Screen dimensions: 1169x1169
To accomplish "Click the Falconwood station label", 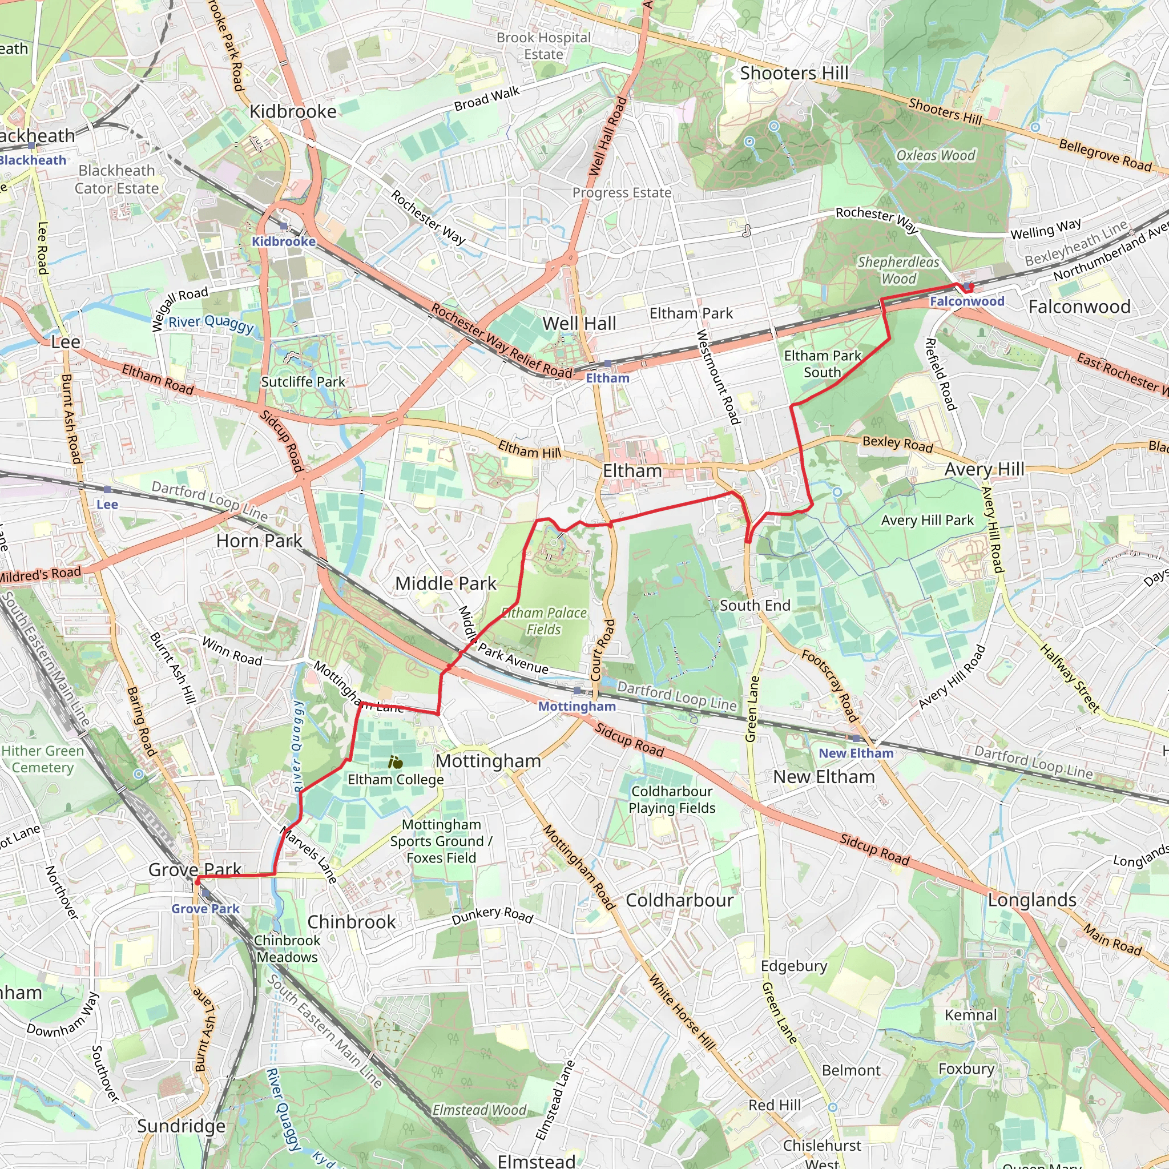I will (966, 301).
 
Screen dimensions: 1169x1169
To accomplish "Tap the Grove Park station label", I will (205, 909).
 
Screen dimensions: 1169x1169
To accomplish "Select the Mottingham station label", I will (577, 706).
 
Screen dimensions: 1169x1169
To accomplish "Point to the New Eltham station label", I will (856, 753).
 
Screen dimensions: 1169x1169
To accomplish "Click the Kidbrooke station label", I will (283, 241).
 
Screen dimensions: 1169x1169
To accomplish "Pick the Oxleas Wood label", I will (936, 155).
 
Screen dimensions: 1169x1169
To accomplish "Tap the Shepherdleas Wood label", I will (898, 271).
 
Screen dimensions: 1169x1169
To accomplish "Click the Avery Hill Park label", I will (927, 521).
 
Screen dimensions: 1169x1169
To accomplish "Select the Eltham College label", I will (396, 779).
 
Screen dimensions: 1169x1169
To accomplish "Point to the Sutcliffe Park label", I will (303, 382).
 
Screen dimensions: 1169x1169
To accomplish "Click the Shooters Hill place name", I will (794, 73).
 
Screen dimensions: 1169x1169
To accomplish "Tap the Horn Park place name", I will (259, 541).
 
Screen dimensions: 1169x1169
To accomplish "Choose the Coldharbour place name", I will (679, 900).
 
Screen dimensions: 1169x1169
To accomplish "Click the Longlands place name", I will (1031, 900).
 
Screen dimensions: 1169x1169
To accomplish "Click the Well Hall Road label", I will (608, 137).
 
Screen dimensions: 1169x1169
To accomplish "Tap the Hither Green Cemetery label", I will (42, 759).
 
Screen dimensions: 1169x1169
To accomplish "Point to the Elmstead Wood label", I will (479, 1110).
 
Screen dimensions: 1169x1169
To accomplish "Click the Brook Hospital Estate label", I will (543, 46).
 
